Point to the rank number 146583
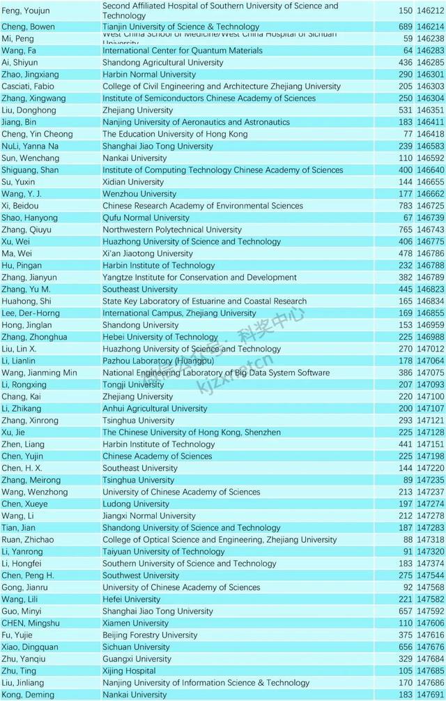(x=431, y=146)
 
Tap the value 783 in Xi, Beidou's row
(x=406, y=206)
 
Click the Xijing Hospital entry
(x=129, y=671)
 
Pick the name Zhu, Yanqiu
(x=24, y=659)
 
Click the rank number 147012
(x=431, y=349)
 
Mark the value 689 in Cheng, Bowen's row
(x=406, y=27)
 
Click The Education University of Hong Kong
(x=175, y=135)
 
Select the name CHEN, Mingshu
(x=31, y=624)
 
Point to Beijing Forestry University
(x=150, y=635)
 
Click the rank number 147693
(x=431, y=695)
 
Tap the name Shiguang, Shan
(x=30, y=170)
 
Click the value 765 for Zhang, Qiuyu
(x=406, y=229)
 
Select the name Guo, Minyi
(x=22, y=612)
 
